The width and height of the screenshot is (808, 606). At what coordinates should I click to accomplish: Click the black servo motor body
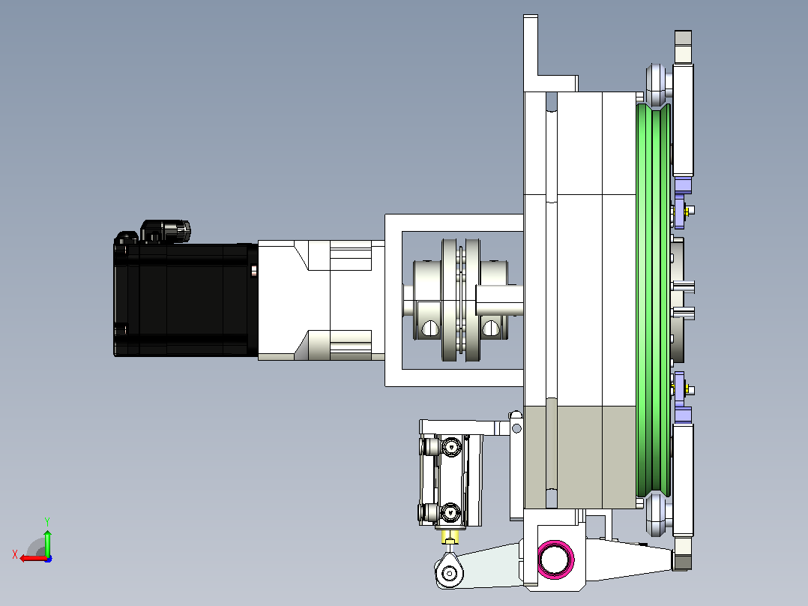click(x=186, y=299)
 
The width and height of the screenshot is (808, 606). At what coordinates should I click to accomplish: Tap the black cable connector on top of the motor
click(x=165, y=231)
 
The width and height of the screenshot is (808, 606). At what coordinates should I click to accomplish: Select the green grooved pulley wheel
click(x=654, y=301)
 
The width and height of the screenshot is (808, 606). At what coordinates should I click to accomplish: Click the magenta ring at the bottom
click(x=555, y=559)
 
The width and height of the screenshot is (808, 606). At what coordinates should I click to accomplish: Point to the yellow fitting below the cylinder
click(x=450, y=537)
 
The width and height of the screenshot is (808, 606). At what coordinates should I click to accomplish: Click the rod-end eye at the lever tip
click(x=450, y=571)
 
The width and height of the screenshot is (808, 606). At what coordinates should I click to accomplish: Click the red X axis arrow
click(x=34, y=558)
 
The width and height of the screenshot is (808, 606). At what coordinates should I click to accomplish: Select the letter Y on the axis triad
click(x=47, y=521)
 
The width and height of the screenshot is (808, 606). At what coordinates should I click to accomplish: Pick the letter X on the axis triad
click(x=15, y=554)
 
